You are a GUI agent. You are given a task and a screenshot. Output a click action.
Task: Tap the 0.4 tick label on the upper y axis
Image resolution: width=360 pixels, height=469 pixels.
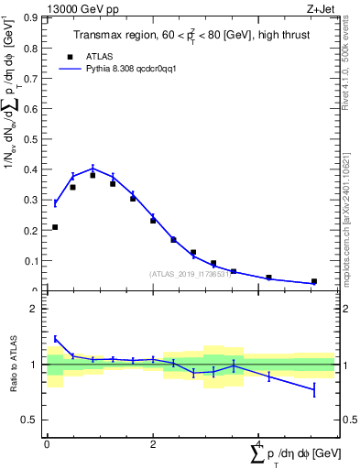pos(30,169)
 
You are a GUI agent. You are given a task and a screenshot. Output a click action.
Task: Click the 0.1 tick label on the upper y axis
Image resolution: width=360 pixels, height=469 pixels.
pos(30,261)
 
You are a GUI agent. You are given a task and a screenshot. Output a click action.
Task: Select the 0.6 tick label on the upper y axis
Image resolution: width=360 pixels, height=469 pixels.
pos(30,109)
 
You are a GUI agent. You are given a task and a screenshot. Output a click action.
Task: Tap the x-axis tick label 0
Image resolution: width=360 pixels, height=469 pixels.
pos(47,444)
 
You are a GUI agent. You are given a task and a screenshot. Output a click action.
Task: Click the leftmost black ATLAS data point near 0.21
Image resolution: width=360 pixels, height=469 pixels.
pos(55,227)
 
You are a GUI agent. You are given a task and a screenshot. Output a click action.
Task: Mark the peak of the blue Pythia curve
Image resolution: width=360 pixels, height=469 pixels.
pos(93,168)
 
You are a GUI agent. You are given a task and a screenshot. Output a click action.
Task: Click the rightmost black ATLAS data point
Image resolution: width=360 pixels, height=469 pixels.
pos(314,281)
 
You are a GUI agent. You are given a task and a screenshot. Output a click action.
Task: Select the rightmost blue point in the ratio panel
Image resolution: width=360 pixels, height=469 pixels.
pos(314,390)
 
